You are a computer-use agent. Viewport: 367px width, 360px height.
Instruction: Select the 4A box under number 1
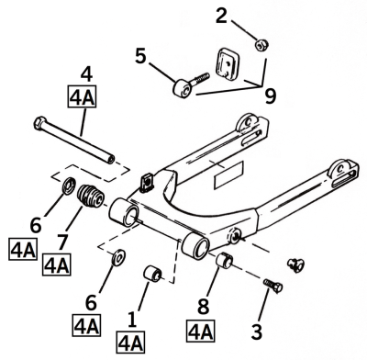131,343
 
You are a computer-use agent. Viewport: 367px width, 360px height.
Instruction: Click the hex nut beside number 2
261,43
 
